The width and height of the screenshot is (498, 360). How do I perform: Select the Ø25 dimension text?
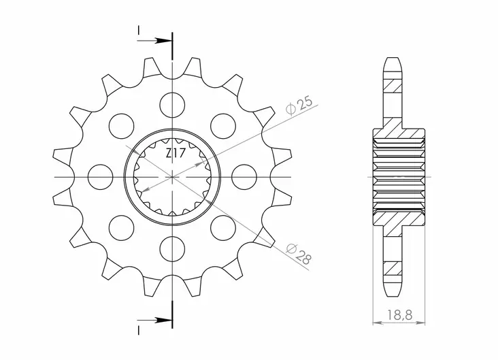pos(300,105)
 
